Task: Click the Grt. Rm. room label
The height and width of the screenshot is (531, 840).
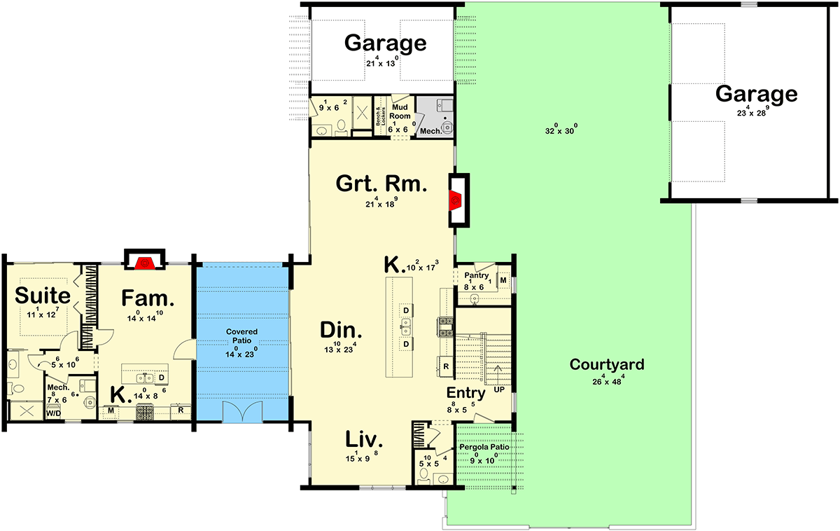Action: click(x=381, y=185)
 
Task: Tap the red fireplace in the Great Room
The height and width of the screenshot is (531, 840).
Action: click(x=455, y=200)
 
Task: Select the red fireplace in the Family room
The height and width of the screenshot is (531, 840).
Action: click(x=145, y=263)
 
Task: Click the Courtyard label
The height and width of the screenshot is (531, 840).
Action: click(x=606, y=364)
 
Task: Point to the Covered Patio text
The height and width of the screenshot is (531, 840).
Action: click(x=241, y=336)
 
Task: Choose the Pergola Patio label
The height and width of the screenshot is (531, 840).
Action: click(x=484, y=447)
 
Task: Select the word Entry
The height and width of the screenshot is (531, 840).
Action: click(x=465, y=393)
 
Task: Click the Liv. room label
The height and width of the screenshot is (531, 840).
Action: click(x=364, y=440)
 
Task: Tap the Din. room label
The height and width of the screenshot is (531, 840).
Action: click(x=341, y=331)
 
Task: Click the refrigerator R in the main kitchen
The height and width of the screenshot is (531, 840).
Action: click(x=445, y=365)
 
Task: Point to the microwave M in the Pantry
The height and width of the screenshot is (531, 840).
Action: click(x=503, y=280)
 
